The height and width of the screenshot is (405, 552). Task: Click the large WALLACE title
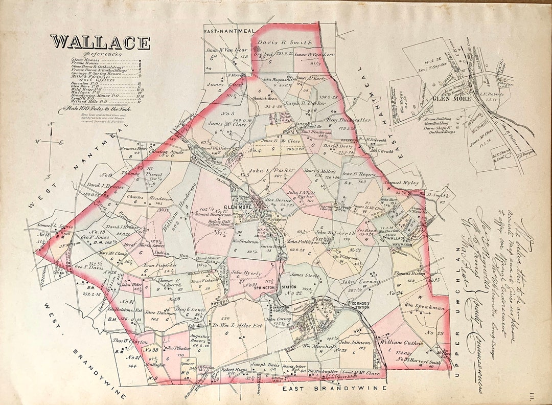coord(100,42)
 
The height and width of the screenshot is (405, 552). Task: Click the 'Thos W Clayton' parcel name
coord(130,342)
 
